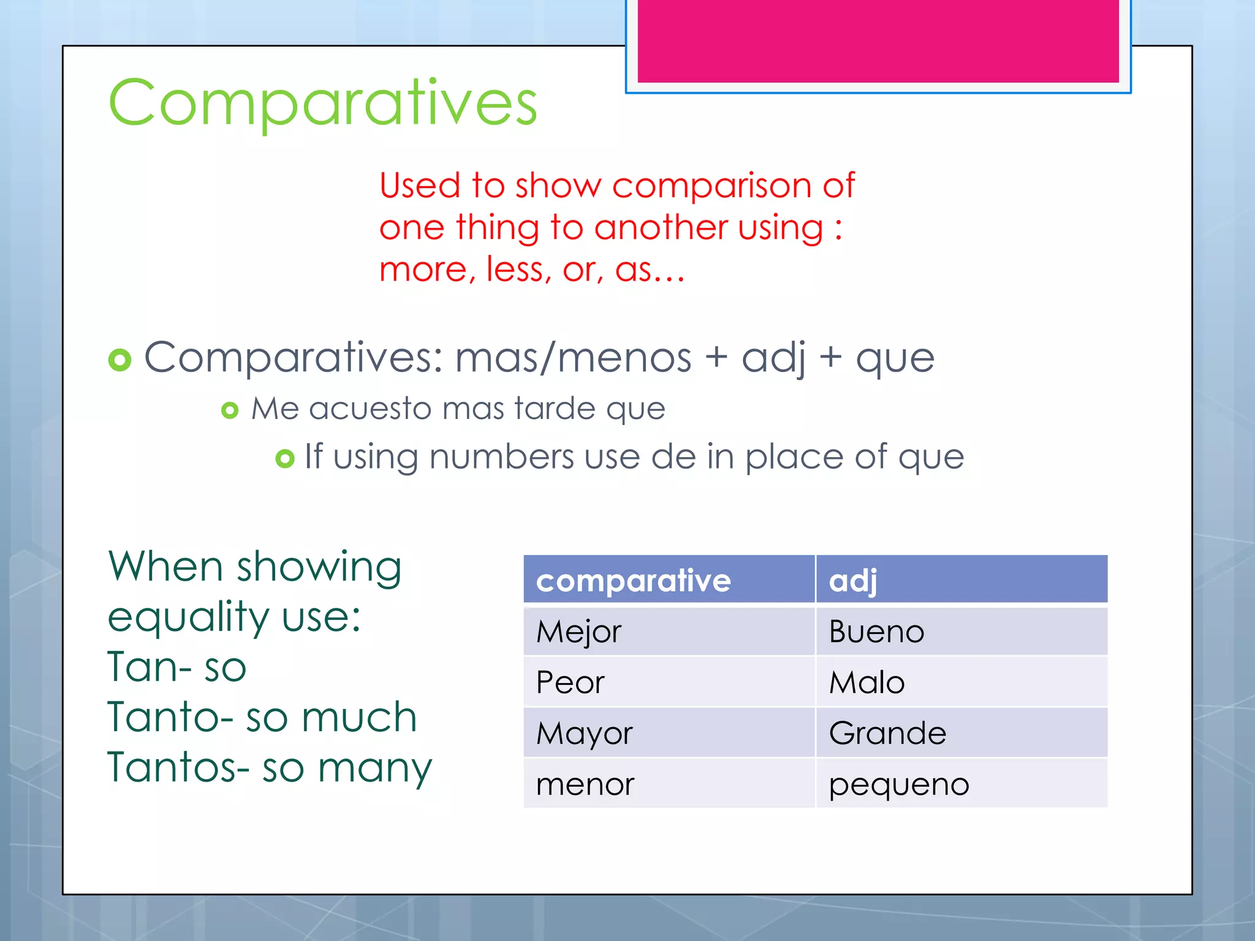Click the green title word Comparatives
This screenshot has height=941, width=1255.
tap(322, 103)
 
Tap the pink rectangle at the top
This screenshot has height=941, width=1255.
tap(878, 40)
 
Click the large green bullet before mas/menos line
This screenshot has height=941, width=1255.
tap(119, 360)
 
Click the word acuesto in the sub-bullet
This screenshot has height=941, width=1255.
tap(370, 409)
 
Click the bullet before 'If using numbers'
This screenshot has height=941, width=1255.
tap(285, 458)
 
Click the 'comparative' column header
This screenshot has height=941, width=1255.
tap(633, 580)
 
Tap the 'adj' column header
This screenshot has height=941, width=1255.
tap(852, 580)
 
